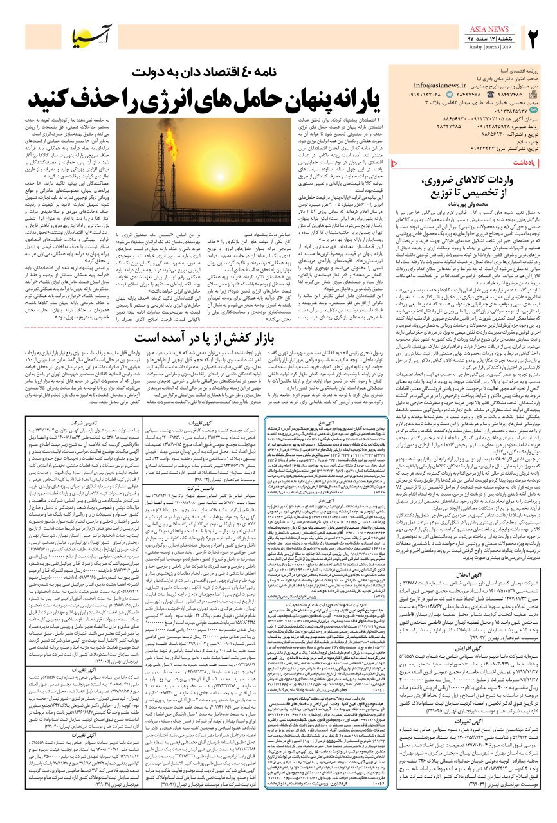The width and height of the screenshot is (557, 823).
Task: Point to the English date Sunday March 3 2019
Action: pos(492,47)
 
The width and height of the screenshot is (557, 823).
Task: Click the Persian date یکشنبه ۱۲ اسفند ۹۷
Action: pos(492,39)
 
